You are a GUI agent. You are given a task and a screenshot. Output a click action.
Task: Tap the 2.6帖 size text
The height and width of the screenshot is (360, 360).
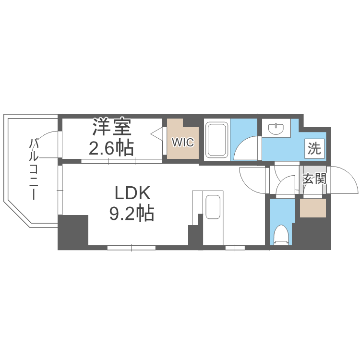pyautogui.click(x=111, y=148)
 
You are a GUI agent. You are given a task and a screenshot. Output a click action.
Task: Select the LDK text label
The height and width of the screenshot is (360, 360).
pyautogui.click(x=132, y=193)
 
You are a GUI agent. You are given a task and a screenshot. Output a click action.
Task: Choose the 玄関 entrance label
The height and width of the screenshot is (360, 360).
pyautogui.click(x=314, y=180)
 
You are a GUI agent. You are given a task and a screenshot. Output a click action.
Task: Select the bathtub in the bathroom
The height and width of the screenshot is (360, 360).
pyautogui.click(x=217, y=140)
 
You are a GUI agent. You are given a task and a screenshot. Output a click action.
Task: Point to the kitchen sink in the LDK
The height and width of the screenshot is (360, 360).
pyautogui.click(x=213, y=207)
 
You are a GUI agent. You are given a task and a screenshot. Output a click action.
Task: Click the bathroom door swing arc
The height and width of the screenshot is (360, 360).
pyautogui.click(x=250, y=146)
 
